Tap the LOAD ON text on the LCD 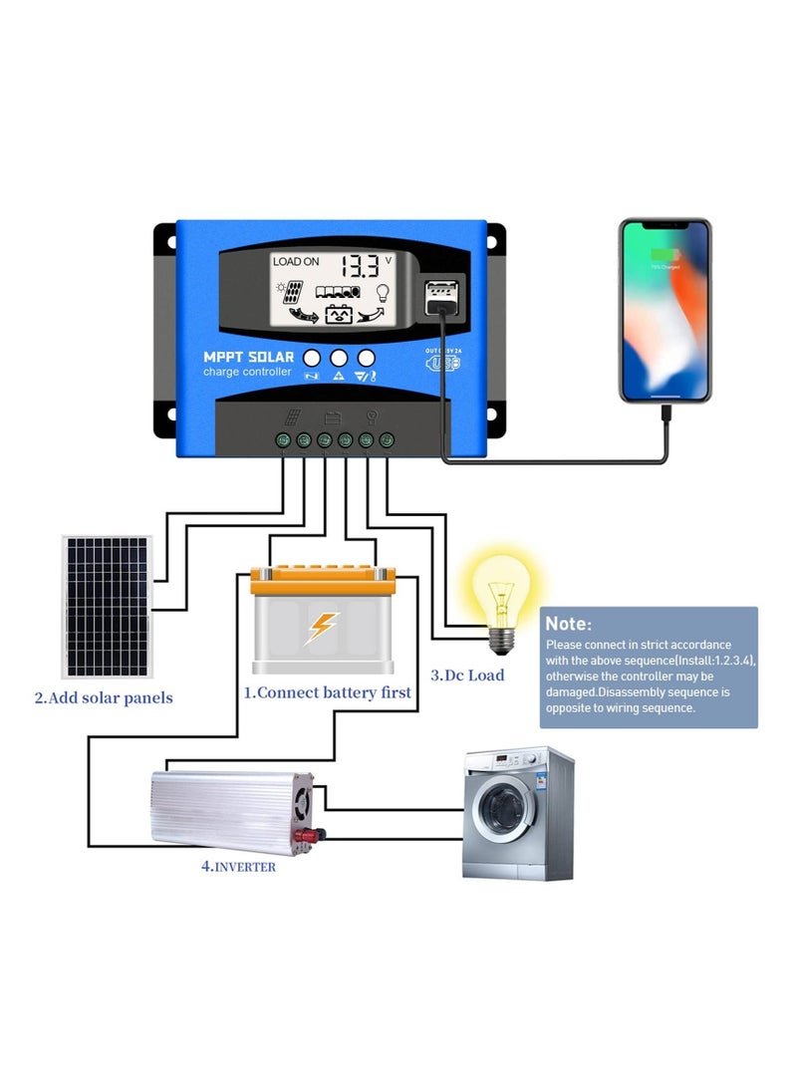pos(296,261)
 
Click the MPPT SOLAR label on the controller pos(249,358)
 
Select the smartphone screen pos(665,310)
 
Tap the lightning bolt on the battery pos(322,628)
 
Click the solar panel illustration pos(107,607)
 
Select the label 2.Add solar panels pos(104,698)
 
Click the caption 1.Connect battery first pos(328,691)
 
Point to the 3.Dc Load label pos(467,675)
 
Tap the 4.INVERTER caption pos(238,867)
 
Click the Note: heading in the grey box pos(569,624)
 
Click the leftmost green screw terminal pos(284,439)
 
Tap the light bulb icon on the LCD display pos(381,293)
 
